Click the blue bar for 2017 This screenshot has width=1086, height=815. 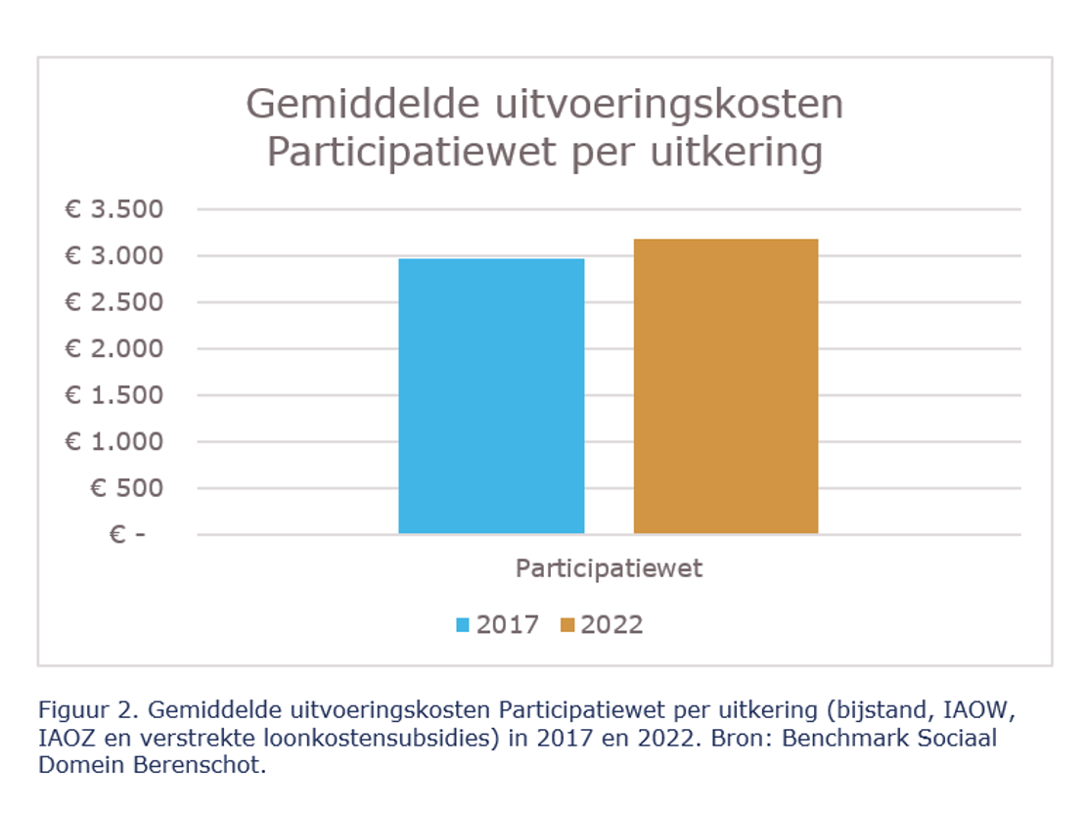click(x=491, y=396)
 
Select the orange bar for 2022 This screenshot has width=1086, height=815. click(x=726, y=386)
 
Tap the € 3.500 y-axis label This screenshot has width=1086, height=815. click(x=113, y=209)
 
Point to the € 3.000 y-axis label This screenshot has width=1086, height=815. click(x=113, y=256)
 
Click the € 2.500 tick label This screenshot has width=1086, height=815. click(x=113, y=302)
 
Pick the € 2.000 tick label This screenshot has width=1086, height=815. click(x=113, y=349)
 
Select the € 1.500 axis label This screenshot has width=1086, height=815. click(x=113, y=395)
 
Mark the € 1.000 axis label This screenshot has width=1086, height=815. click(x=113, y=442)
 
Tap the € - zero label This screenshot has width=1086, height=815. click(x=126, y=535)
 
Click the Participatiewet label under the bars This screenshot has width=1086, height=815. click(x=609, y=568)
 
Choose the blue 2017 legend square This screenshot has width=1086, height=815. click(x=463, y=625)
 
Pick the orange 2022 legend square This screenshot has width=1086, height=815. click(x=567, y=625)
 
